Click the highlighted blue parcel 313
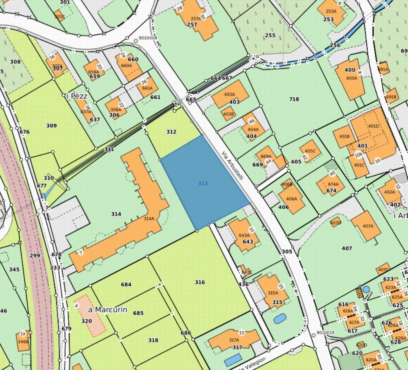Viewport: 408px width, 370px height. tap(203, 183)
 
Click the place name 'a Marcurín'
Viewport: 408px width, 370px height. tap(107, 310)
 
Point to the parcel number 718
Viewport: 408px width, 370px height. tap(294, 99)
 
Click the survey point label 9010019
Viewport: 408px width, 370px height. tap(325, 333)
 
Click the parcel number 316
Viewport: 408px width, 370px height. tap(200, 282)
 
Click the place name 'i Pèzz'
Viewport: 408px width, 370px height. tap(76, 96)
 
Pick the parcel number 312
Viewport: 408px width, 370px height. tap(171, 132)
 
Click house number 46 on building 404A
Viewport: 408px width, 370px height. tap(252, 121)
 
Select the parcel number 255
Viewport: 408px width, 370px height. tap(270, 35)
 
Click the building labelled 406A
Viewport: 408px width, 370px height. tap(291, 199)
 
